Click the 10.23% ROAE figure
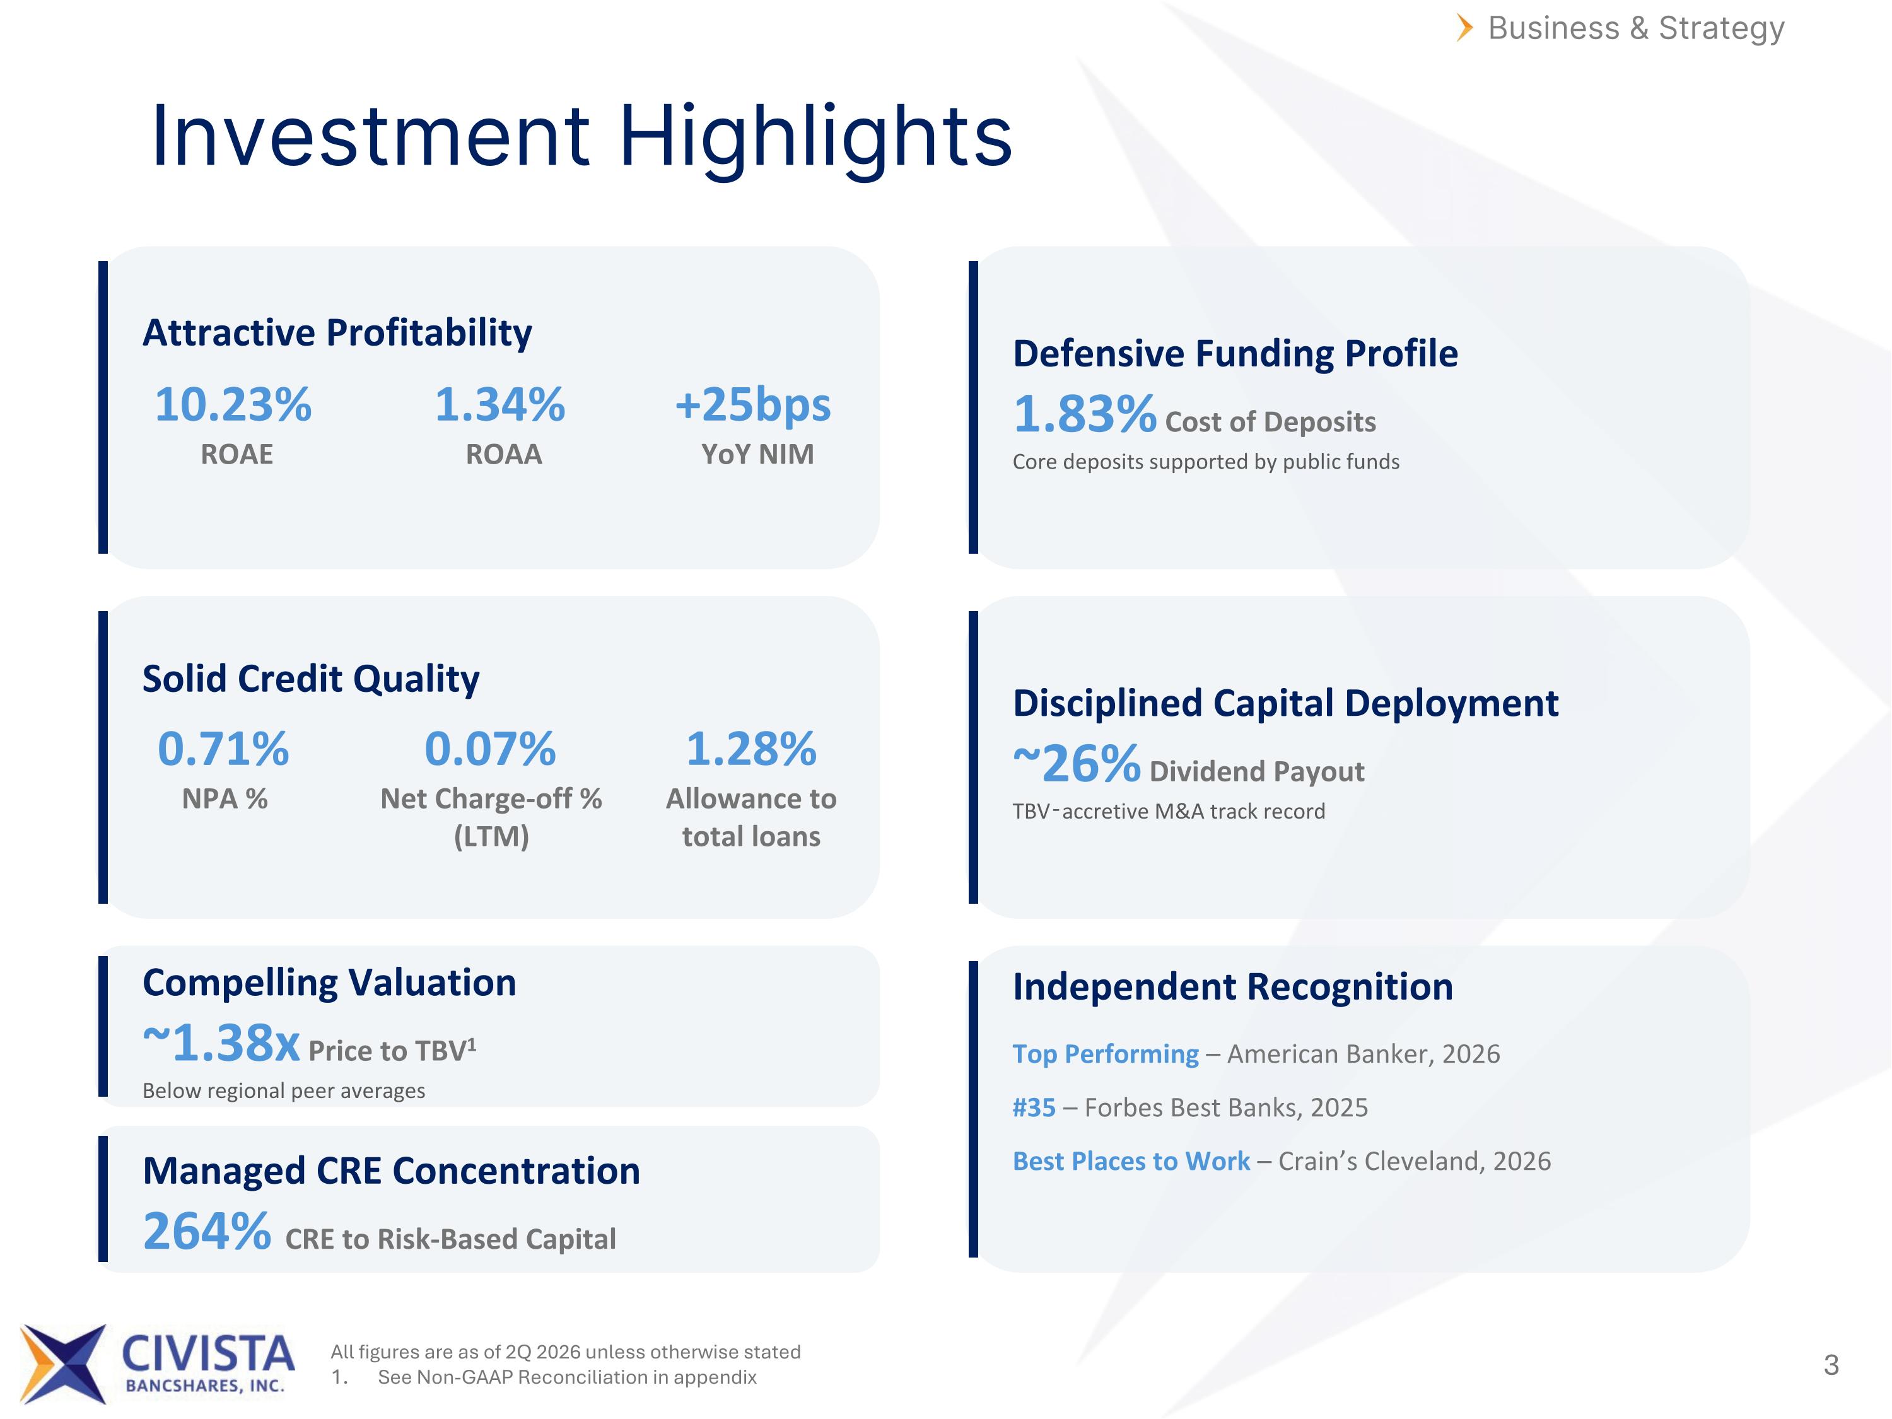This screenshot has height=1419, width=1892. click(x=233, y=405)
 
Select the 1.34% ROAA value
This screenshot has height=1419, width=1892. click(x=499, y=405)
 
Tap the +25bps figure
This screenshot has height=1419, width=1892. click(x=752, y=405)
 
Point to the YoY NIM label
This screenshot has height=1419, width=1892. click(x=758, y=454)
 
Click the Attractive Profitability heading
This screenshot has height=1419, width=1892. click(x=337, y=333)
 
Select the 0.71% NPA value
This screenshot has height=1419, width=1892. click(x=223, y=749)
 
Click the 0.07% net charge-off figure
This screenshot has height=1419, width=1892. click(x=490, y=749)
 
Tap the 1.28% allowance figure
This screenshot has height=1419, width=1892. click(x=752, y=749)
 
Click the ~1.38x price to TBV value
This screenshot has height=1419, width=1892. click(x=221, y=1042)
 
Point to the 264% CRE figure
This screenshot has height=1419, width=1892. click(x=207, y=1231)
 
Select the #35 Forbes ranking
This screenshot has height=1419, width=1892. click(x=1034, y=1107)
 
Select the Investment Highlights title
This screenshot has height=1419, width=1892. click(x=581, y=137)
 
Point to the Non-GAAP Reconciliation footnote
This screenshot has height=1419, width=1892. click(x=567, y=1377)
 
